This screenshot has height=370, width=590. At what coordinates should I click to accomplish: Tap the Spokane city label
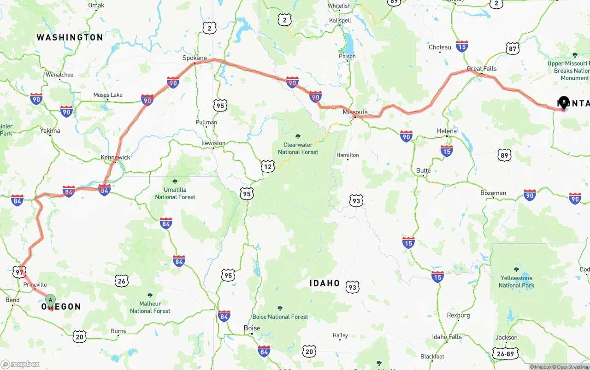(x=195, y=58)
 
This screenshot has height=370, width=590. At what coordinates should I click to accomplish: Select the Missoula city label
(x=355, y=112)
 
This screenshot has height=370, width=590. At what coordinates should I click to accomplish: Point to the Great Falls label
(x=482, y=69)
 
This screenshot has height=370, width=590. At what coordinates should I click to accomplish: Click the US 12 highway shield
(x=268, y=166)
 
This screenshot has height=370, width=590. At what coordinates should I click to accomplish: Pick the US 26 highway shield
(x=121, y=281)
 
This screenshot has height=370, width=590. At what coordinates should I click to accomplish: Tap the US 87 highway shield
(x=512, y=48)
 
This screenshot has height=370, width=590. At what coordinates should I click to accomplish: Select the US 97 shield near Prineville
(x=19, y=272)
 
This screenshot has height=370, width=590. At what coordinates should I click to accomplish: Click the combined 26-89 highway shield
(x=506, y=354)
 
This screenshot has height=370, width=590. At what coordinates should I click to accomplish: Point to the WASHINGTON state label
(x=70, y=37)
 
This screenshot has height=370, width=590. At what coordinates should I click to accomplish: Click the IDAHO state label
(x=324, y=283)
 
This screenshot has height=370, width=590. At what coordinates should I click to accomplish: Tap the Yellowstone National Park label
(x=516, y=282)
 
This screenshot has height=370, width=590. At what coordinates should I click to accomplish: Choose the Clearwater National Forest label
(x=298, y=148)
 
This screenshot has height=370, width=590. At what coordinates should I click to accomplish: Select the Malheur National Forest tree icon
(x=150, y=295)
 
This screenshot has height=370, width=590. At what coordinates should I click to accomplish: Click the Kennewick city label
(x=115, y=157)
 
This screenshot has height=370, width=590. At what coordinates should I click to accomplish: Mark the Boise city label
(x=252, y=328)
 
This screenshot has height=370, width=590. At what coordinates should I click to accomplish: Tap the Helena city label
(x=447, y=131)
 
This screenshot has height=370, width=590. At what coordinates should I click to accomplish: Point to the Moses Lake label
(x=108, y=95)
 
